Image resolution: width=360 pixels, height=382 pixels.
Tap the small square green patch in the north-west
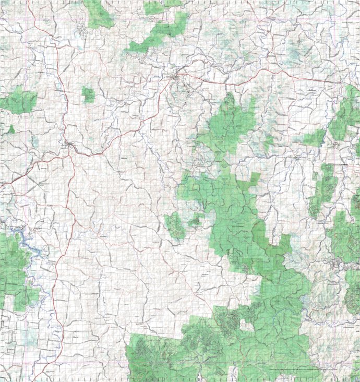tap(88, 95)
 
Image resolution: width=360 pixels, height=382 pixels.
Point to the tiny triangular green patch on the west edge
tap(11, 129)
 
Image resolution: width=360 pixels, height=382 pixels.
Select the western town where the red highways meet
tap(70, 146)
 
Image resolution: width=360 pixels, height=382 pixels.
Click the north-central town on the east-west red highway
tap(177, 78)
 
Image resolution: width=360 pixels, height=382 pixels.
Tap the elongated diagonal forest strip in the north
tap(159, 34)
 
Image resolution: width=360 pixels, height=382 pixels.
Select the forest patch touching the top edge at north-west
tap(99, 15)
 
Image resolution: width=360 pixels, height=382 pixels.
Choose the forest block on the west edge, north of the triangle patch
tap(18, 101)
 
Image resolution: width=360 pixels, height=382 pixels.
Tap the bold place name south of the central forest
tap(205, 274)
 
